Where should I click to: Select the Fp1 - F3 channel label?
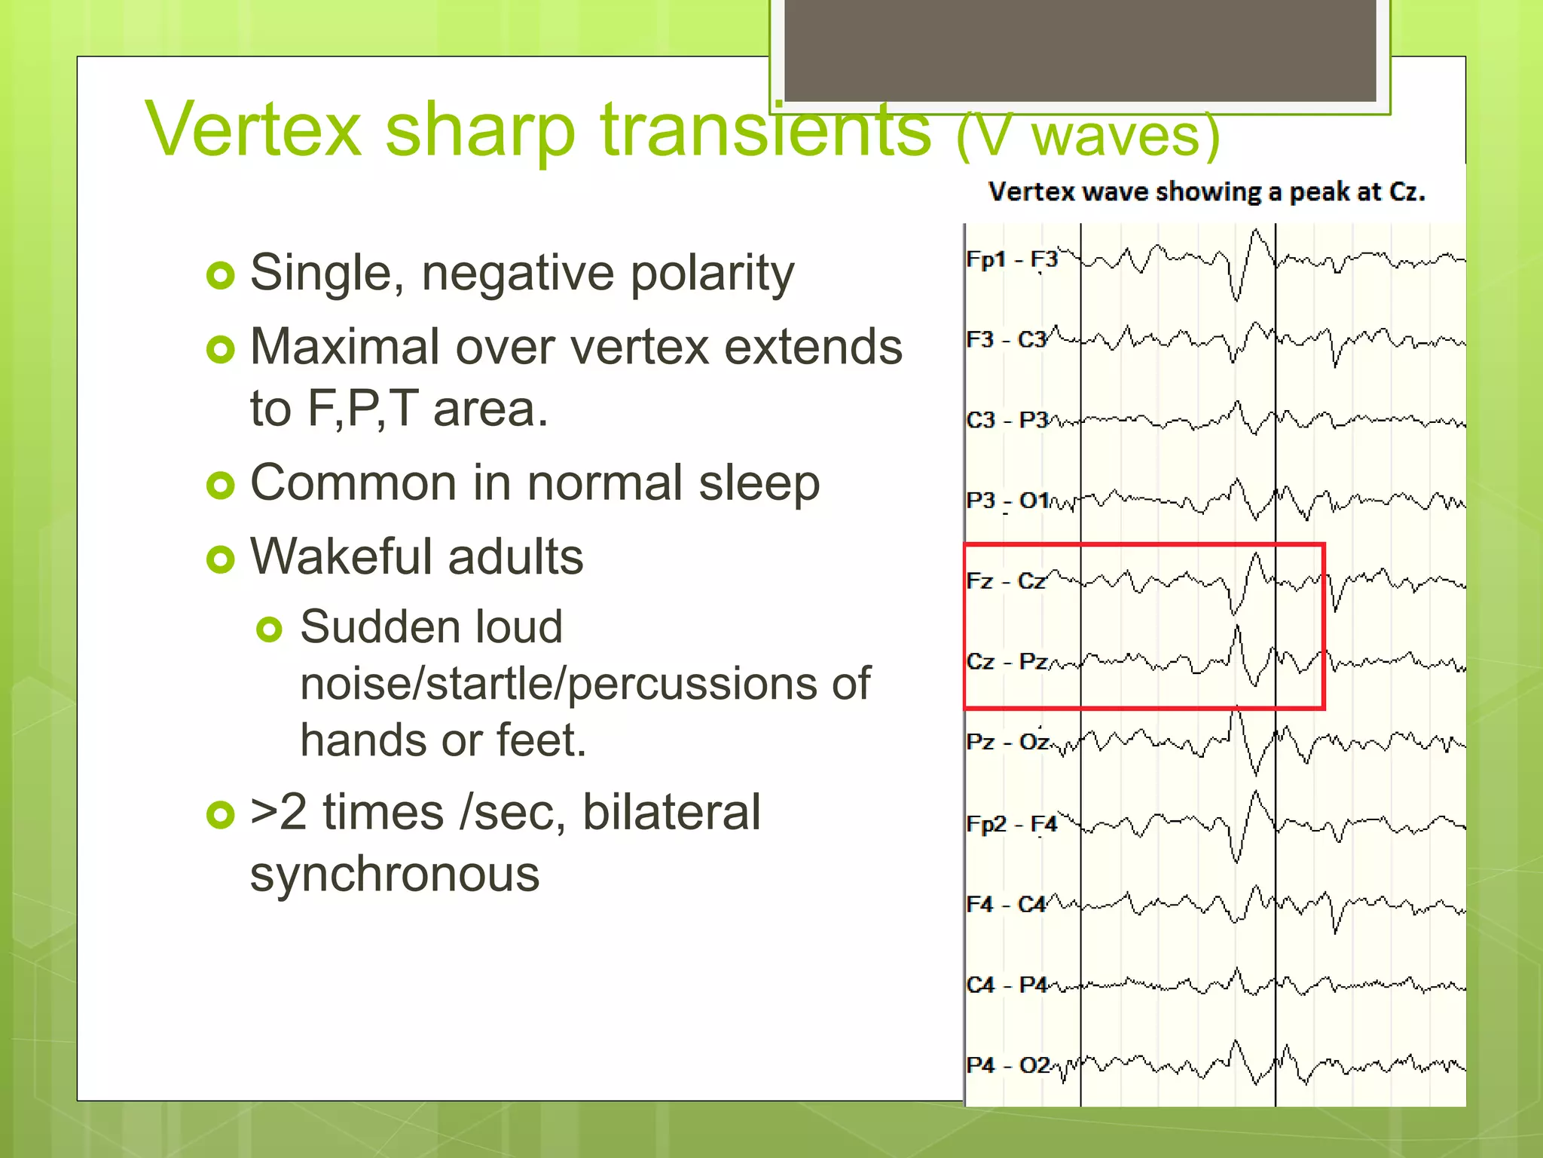1011,259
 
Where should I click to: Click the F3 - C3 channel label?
1007,340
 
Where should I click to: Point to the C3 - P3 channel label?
1007,420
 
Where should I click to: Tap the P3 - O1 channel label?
1007,501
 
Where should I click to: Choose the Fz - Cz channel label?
1005,581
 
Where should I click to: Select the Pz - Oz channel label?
1007,742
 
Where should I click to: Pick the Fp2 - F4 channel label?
1011,823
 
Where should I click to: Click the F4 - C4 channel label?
1006,904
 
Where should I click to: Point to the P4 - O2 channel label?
1007,1065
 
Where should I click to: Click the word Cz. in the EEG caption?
1407,192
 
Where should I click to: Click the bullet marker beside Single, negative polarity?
221,276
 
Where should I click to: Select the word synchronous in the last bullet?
395,875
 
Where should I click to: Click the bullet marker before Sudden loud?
269,629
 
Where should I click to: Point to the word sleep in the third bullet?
759,484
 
